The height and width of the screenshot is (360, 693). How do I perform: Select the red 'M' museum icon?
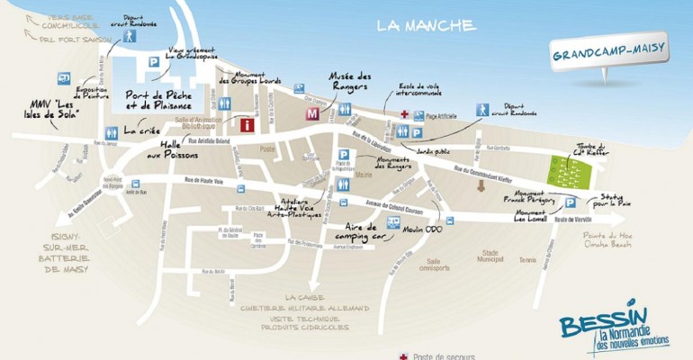coord(312,114)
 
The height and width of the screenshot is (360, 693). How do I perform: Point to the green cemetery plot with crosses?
coord(570,171)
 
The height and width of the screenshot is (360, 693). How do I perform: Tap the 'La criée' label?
coord(142,130)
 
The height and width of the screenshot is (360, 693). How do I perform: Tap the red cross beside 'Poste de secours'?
coord(402,355)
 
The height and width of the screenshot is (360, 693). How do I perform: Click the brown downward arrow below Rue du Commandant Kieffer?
coord(481,186)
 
